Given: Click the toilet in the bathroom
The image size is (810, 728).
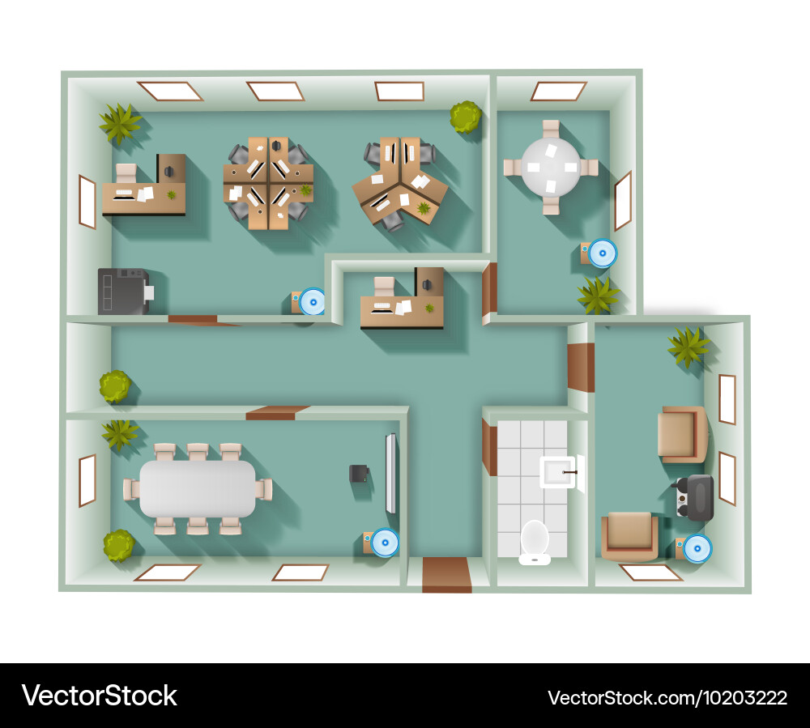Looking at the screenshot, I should tap(535, 541).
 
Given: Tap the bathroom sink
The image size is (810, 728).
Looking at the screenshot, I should tap(558, 472).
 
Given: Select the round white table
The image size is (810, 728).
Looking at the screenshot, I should tap(551, 167).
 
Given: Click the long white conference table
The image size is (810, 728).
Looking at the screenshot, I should tap(198, 489).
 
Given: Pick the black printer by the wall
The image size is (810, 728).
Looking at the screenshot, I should tap(123, 292).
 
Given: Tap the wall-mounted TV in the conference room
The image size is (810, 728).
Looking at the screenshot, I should tap(391, 474).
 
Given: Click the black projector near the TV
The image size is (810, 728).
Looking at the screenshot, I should tap(358, 474).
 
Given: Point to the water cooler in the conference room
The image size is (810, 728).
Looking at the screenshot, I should tap(384, 542).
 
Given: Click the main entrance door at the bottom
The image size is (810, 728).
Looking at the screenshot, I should tap(446, 575).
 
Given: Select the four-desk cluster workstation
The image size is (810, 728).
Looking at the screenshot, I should tap(268, 183).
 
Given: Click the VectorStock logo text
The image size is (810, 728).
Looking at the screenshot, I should tap(99, 696).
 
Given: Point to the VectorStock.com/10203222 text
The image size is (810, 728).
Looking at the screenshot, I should tap(667, 697).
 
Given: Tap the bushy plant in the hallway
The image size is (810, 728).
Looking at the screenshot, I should tap(115, 386).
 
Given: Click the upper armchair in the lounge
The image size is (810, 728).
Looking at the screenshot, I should tap(682, 434).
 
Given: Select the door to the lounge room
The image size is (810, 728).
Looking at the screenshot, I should tap(581, 368).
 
